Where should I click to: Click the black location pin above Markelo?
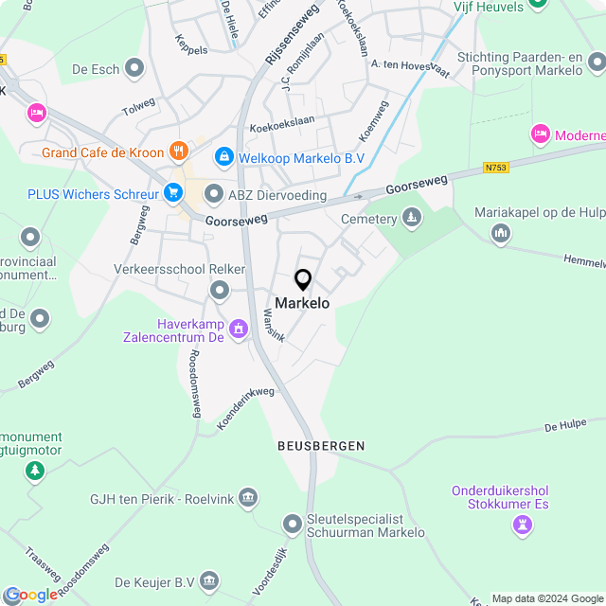pos(303,280)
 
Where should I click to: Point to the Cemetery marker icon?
pos(411,219)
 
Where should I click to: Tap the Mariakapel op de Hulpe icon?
pos(501,233)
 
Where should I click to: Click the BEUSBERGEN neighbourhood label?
pos(321,445)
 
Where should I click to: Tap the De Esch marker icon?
pos(135,68)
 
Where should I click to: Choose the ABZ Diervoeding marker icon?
pos(213,195)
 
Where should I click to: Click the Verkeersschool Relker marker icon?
pos(220,290)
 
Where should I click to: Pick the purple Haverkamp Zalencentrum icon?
pos(238,330)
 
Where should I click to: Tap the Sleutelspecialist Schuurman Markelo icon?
pos(292,524)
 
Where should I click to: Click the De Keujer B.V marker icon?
pos(209,580)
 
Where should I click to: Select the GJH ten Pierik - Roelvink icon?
pos(248,496)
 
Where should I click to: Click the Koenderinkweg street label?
pos(245,408)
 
